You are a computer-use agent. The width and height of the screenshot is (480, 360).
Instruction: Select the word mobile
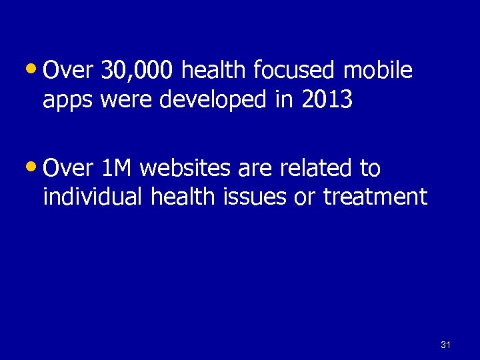(378, 71)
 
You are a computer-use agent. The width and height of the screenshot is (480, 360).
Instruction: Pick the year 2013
(327, 100)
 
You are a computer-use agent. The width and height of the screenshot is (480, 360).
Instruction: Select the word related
(313, 169)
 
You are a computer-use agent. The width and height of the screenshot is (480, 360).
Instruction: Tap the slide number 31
(446, 345)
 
